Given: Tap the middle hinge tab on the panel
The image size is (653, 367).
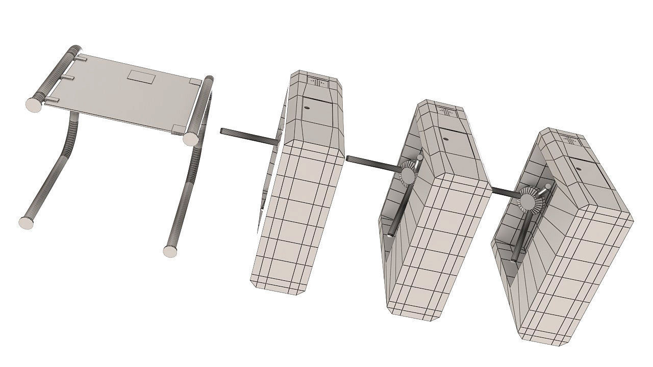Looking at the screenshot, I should [69, 78].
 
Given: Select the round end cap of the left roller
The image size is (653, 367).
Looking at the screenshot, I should [34, 104].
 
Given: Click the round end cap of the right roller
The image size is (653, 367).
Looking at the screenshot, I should [190, 138].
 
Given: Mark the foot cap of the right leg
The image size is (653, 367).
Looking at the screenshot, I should [170, 251].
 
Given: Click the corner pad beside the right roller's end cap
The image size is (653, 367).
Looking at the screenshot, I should [177, 128].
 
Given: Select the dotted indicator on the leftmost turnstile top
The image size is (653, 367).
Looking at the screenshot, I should [317, 82].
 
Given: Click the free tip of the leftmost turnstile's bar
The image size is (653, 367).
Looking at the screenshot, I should [222, 131].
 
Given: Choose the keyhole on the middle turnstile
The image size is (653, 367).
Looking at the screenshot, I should [445, 138].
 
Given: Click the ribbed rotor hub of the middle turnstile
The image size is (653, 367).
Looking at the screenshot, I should [408, 172].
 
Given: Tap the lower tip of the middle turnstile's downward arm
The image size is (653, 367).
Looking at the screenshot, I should [390, 234].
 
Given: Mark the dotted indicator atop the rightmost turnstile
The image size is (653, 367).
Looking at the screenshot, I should [570, 139].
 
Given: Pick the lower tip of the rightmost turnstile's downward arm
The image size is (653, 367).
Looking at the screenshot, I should [514, 260].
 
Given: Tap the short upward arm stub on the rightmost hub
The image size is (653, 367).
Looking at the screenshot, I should [547, 187].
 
